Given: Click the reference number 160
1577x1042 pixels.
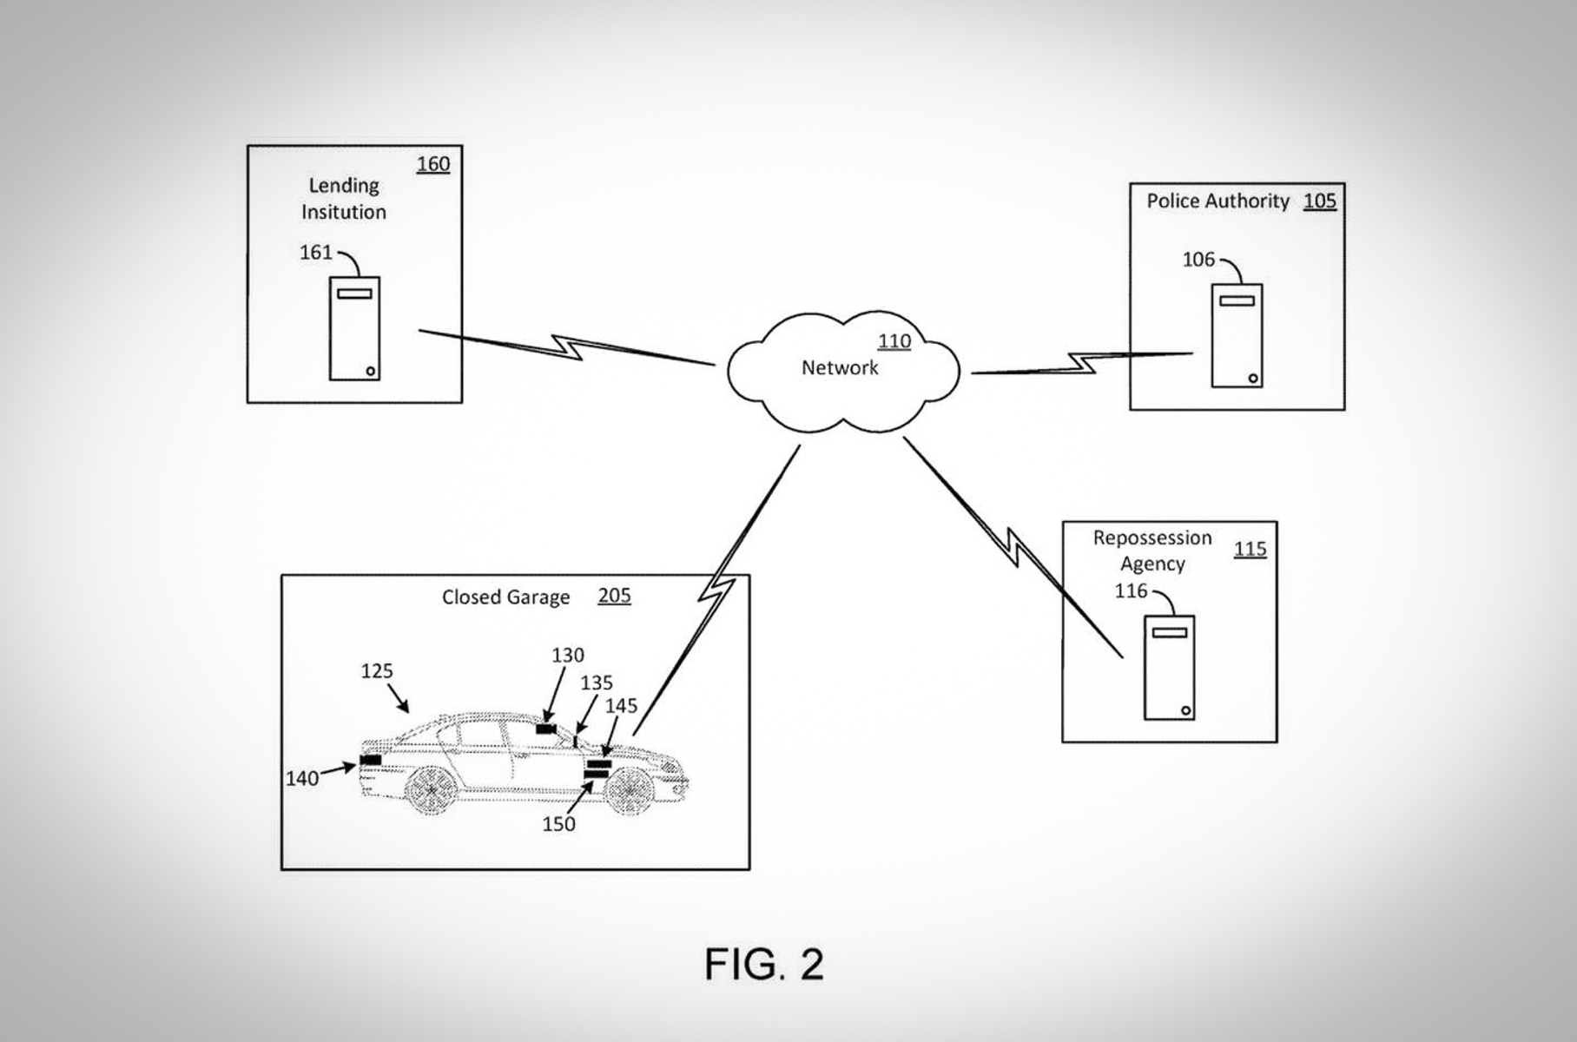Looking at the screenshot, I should tap(433, 164).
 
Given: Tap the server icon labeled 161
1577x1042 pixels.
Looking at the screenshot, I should tap(354, 328).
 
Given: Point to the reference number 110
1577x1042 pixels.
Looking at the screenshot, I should tap(894, 341).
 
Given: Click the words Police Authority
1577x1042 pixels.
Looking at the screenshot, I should tap(1217, 201).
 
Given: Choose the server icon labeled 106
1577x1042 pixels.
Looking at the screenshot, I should tap(1237, 335).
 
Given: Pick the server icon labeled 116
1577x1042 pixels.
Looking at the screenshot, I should tap(1169, 667).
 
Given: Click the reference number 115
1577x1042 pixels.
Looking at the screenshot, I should tap(1250, 549).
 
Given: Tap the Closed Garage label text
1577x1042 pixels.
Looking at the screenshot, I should tap(505, 597).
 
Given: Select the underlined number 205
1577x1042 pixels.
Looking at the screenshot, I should tap(614, 596).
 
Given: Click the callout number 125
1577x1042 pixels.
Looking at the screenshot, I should tap(377, 671).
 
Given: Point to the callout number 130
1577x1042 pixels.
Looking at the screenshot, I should tap(568, 656).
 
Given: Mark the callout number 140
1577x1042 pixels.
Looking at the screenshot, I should tap(302, 779).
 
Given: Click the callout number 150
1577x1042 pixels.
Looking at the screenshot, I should tap(558, 824).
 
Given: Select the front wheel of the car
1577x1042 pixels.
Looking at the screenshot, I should tap(629, 788).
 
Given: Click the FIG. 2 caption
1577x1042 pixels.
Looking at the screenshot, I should tap(763, 964).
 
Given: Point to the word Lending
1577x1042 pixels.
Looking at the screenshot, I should tap(344, 186).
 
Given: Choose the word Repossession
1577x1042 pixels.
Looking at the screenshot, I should tap(1151, 538).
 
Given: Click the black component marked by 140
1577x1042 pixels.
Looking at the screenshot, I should tap(371, 761).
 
